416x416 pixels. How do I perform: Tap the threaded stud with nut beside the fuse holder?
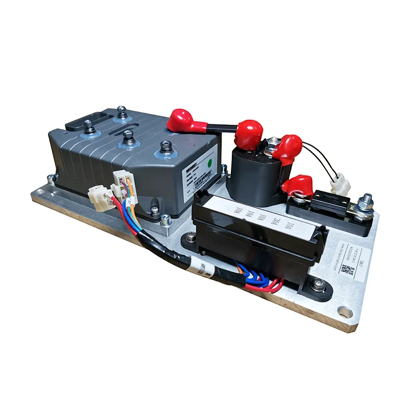tap(367, 202)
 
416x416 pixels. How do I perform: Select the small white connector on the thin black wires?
tap(337, 184)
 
